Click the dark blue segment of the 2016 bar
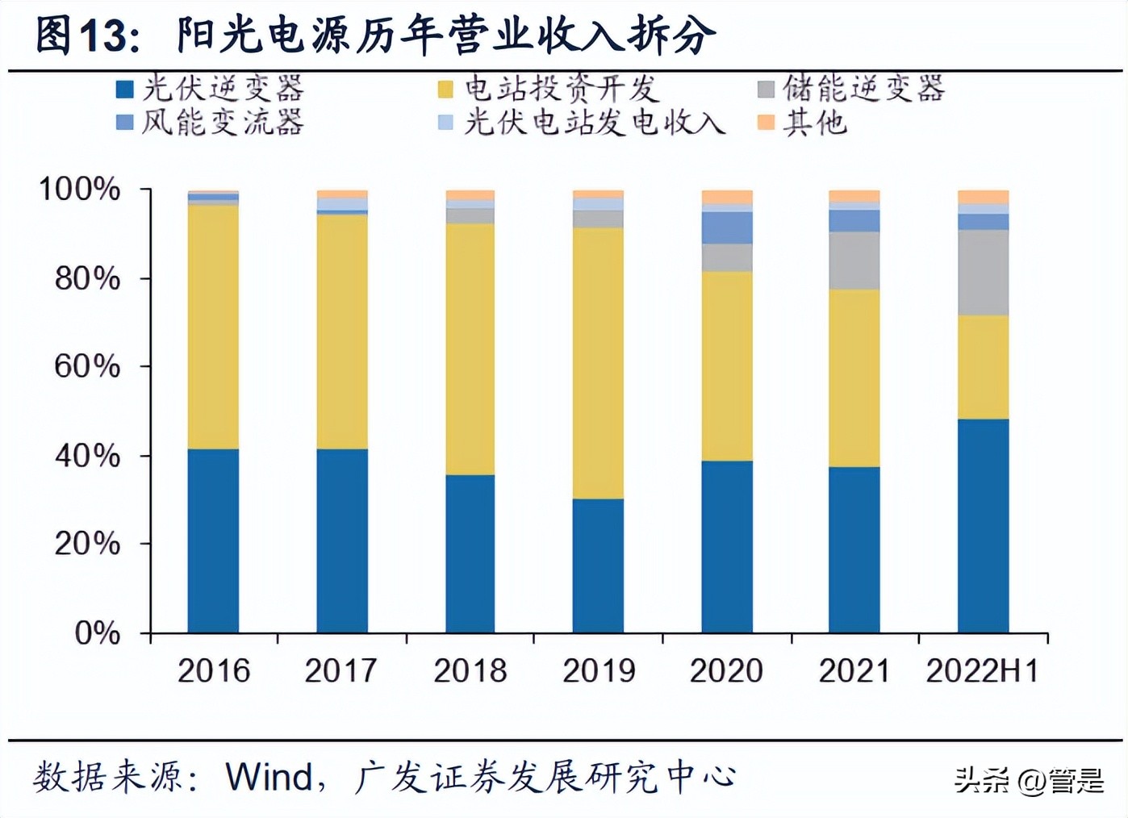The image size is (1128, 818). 213,540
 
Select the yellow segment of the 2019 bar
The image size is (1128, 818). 598,363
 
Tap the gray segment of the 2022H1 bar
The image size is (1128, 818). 983,272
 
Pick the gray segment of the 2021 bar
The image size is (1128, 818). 854,260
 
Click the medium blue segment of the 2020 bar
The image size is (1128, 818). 727,227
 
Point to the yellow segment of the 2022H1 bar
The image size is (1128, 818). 983,366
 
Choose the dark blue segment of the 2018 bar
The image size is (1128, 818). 470,553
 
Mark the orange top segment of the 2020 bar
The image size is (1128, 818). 727,198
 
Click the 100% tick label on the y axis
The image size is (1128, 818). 80,190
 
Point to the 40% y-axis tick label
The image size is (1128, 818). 86,456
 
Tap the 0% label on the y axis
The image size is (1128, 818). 97,632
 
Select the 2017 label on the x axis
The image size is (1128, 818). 340,670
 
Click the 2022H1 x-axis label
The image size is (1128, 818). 982,670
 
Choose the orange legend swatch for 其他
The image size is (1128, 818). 766,123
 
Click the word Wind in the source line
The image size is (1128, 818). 269,777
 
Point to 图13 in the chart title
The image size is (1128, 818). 81,35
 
